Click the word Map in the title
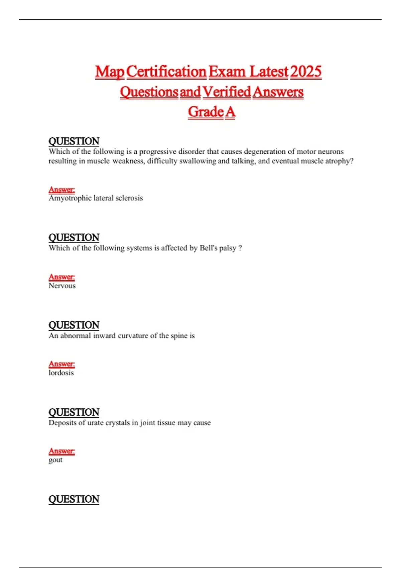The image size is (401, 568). pyautogui.click(x=110, y=72)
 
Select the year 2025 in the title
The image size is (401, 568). pyautogui.click(x=306, y=72)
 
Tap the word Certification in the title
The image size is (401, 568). pyautogui.click(x=166, y=72)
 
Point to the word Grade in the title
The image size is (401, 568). pyautogui.click(x=206, y=112)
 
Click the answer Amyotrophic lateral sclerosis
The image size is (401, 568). pyautogui.click(x=96, y=198)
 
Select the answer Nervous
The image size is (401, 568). pyautogui.click(x=62, y=286)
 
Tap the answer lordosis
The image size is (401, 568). pyautogui.click(x=61, y=373)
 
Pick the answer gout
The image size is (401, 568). pyautogui.click(x=55, y=460)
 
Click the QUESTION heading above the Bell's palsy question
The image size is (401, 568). pyautogui.click(x=74, y=238)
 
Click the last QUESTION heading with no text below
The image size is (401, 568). pyautogui.click(x=74, y=499)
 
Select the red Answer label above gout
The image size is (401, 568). pyautogui.click(x=61, y=451)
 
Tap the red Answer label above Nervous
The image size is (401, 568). pyautogui.click(x=61, y=277)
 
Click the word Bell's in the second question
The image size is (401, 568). pyautogui.click(x=208, y=248)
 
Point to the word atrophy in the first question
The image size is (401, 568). pyautogui.click(x=339, y=161)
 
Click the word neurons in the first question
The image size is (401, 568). pyautogui.click(x=330, y=151)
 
